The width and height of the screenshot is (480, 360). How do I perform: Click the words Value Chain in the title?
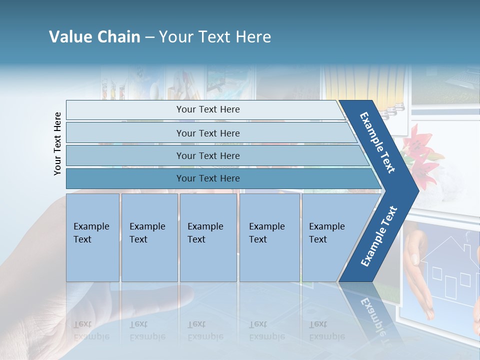pos(94,37)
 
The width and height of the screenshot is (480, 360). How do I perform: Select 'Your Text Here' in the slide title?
pos(215,37)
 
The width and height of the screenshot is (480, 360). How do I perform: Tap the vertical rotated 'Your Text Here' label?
pos(57,143)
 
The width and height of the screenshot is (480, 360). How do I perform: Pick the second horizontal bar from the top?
pos(207,133)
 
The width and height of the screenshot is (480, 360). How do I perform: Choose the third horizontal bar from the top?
pos(207,155)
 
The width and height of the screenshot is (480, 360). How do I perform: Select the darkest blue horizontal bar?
pos(207,178)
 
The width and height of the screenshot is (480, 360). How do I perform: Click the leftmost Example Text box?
pos(92,237)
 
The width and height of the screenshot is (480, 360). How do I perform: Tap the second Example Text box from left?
pos(149,237)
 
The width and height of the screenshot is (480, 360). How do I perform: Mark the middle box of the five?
pos(208,237)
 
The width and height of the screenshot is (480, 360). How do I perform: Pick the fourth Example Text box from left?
pos(269,237)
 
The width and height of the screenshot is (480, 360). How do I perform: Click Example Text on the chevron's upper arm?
pos(377,142)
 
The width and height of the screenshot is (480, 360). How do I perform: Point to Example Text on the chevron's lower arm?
pos(379,236)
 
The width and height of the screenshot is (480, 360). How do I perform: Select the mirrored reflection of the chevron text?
pos(372,315)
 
